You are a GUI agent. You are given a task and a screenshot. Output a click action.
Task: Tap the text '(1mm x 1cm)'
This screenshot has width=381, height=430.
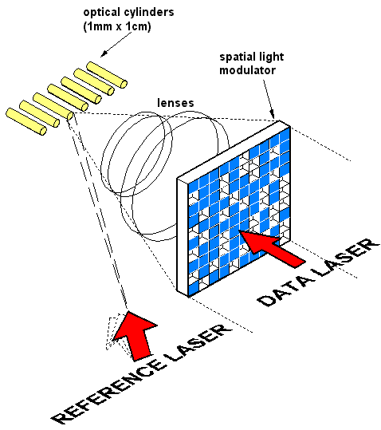click(x=117, y=26)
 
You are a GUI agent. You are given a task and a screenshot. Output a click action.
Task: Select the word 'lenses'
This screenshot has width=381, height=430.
click(x=175, y=103)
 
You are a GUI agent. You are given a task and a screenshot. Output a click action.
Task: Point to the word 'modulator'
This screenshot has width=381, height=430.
click(x=247, y=70)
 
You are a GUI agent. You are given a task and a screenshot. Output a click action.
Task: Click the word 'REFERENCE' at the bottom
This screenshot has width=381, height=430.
click(x=108, y=392)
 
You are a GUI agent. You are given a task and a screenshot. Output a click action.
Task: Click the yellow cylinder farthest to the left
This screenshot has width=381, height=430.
click(x=26, y=121)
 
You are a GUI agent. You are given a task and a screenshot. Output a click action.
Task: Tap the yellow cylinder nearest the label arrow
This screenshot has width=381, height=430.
click(x=107, y=75)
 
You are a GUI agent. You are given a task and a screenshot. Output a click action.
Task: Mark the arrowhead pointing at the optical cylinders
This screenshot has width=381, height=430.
click(x=104, y=54)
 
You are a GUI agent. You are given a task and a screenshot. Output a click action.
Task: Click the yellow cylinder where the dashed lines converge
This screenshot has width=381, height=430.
click(x=53, y=106)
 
